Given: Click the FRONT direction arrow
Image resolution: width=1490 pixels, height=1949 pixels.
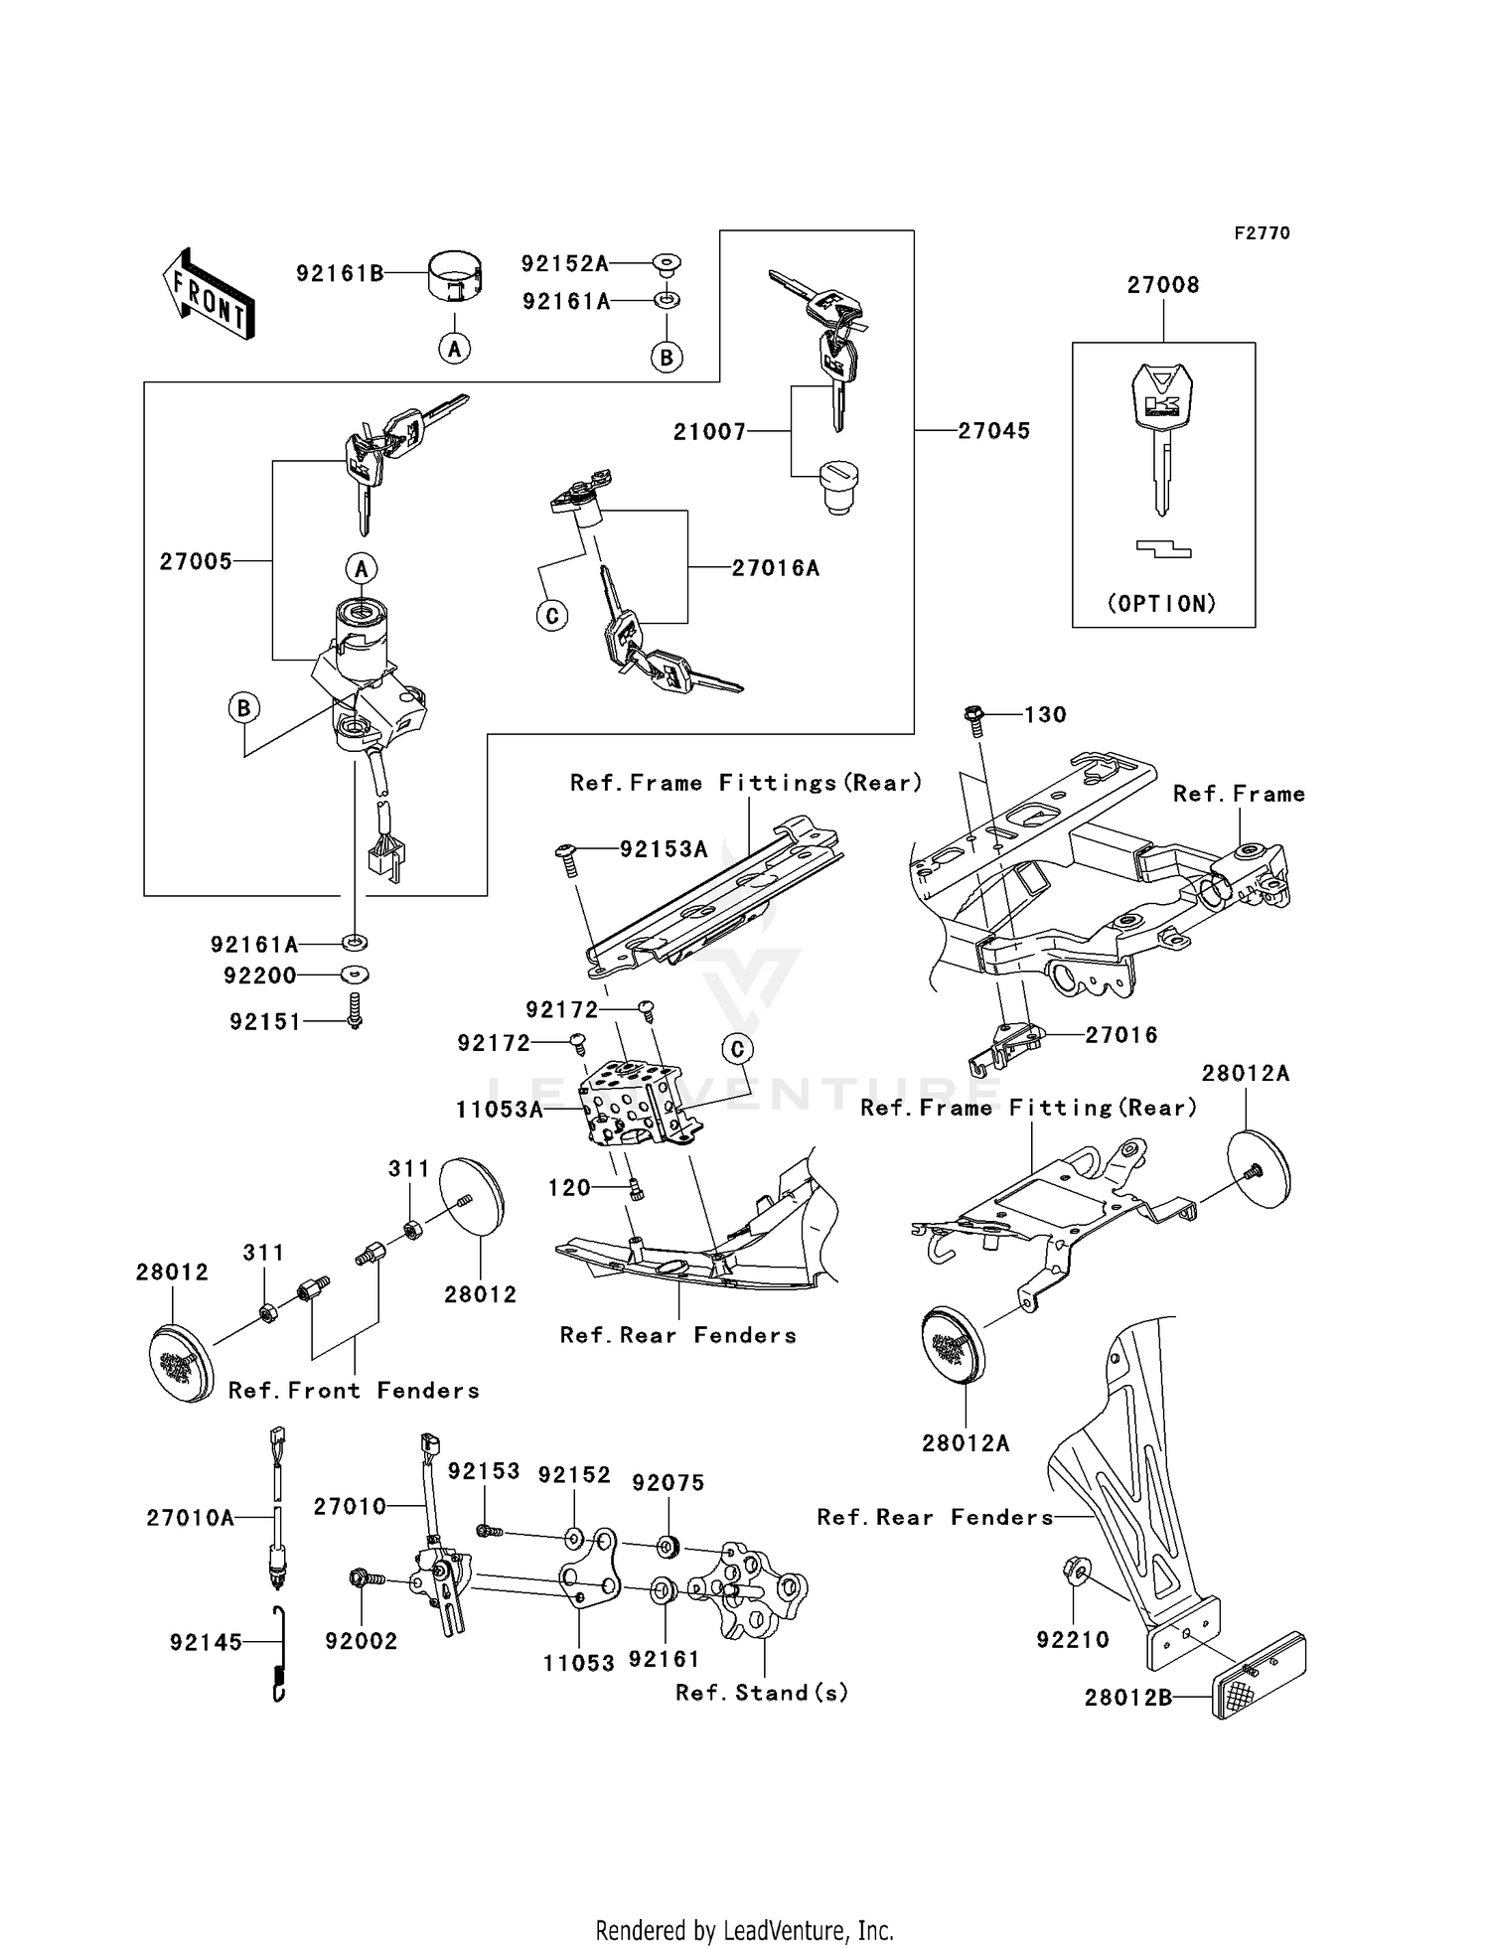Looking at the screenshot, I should [x=209, y=294].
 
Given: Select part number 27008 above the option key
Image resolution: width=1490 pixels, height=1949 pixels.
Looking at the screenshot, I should [x=1162, y=285].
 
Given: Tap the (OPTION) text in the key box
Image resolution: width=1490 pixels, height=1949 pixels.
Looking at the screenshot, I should [x=1162, y=603].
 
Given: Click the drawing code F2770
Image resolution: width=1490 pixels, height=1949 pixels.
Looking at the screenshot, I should [x=1262, y=233].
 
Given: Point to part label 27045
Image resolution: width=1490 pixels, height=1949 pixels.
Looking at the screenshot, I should [x=993, y=431].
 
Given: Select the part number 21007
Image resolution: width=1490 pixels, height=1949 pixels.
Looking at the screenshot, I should [x=709, y=432].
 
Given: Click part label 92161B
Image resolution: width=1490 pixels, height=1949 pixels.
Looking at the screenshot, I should [x=340, y=273].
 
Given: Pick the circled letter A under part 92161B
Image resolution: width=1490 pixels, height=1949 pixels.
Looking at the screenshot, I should [x=455, y=349].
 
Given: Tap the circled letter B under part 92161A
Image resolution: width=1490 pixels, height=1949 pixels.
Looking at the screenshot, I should [x=667, y=357].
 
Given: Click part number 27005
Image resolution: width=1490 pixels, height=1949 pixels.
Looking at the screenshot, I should [x=196, y=562].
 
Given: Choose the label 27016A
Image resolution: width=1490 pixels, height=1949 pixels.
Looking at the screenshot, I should [x=775, y=568].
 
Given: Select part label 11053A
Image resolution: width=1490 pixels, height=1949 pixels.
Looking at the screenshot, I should [x=500, y=1110].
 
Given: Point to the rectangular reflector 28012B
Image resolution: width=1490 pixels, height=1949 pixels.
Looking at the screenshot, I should [x=1259, y=1673].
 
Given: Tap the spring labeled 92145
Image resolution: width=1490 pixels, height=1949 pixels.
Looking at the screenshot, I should [x=279, y=1654].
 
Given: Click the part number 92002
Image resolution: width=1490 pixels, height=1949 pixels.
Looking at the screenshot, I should [x=361, y=1641].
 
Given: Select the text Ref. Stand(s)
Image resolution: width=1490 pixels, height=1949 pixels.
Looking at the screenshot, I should [x=762, y=1692].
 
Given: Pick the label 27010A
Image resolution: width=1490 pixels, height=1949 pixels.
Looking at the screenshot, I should [x=190, y=1518].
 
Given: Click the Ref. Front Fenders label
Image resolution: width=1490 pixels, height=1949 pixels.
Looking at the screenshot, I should [x=354, y=1391].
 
